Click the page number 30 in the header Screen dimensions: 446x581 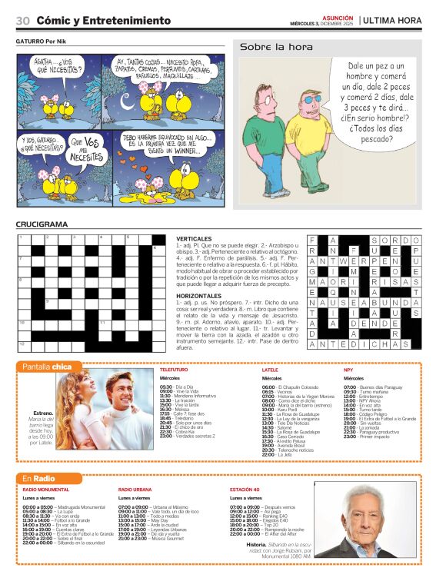22,20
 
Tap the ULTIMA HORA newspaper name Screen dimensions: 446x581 392,20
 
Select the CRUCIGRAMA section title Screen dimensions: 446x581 42,224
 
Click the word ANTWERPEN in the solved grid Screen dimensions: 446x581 356,261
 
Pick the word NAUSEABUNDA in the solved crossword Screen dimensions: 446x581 364,303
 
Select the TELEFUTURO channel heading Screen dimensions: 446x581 174,370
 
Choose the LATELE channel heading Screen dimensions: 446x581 270,370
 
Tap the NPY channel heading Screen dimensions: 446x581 348,370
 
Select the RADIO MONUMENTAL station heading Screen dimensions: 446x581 46,490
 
